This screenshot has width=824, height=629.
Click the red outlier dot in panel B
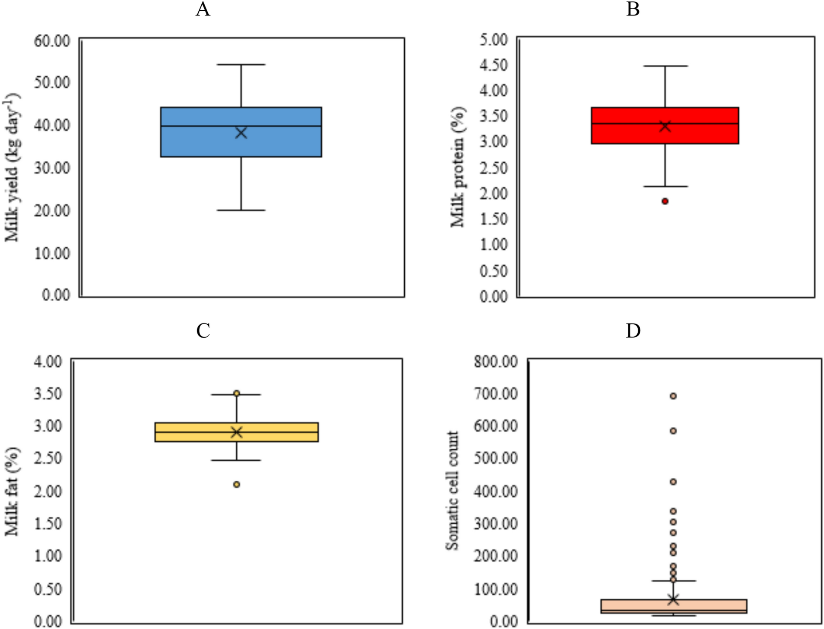click(665, 201)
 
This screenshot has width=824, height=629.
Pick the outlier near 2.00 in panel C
click(236, 484)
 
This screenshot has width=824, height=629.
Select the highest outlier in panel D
click(673, 396)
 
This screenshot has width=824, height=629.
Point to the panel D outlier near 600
click(673, 431)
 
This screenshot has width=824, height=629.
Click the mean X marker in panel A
click(241, 133)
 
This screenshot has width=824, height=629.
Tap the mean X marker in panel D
click(673, 599)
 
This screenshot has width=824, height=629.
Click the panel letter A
click(203, 9)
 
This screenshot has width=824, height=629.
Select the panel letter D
click(633, 330)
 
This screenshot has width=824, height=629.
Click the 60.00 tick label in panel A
click(52, 41)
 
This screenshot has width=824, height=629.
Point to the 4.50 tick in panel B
click(493, 65)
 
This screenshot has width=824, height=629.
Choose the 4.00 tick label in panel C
click(48, 362)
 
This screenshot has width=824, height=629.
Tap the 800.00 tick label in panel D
click(496, 362)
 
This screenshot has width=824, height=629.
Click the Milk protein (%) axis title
click(457, 167)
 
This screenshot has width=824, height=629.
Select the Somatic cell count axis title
click(452, 490)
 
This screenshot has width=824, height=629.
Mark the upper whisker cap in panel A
click(241, 64)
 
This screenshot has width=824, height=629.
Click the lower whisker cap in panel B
click(665, 186)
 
